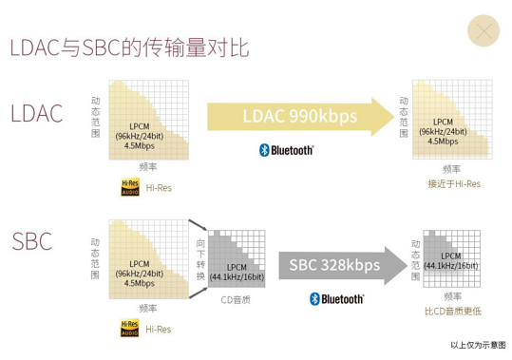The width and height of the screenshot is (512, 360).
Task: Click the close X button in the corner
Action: [484, 32]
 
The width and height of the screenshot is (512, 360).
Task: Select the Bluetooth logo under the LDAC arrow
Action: [286, 149]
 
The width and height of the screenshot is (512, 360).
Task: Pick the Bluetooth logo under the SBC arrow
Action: [337, 299]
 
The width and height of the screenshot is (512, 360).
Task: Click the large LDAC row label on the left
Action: [37, 115]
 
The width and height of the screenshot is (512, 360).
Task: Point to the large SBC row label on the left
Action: [32, 241]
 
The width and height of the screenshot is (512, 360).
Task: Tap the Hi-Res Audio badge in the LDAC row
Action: [130, 188]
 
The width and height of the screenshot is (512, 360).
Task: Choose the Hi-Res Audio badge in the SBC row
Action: [130, 329]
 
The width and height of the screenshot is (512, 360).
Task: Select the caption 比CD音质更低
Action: [452, 311]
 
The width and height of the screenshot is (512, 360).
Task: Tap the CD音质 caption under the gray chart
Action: [235, 299]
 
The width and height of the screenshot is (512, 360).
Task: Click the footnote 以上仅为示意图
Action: [478, 345]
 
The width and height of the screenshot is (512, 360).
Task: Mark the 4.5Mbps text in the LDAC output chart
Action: [443, 141]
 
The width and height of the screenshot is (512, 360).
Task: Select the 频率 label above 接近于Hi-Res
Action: [451, 167]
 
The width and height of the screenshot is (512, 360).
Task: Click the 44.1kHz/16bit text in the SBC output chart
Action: [450, 266]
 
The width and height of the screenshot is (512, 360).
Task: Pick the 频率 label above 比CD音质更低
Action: [451, 294]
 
